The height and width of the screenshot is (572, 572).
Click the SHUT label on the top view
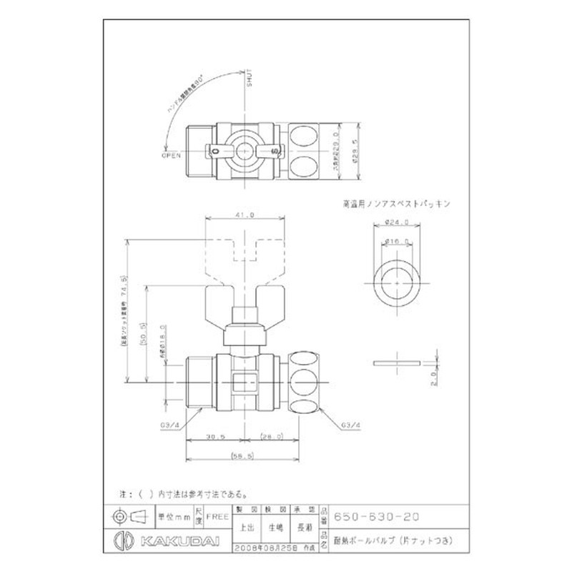pos(250,79)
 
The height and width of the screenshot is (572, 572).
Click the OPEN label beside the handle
pos(172,154)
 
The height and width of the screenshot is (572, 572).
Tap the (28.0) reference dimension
pos(272,435)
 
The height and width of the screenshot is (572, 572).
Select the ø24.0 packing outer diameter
pos(397,222)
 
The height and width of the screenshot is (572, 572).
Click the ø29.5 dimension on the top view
pos(355,152)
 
